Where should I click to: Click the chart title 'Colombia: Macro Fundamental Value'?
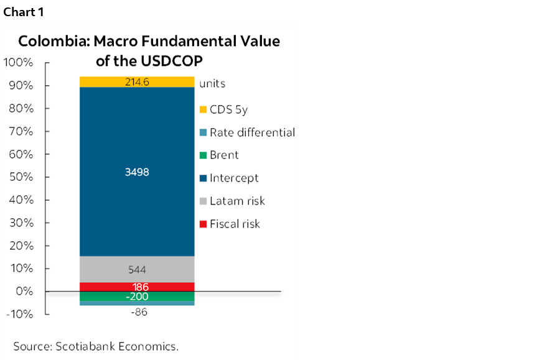point(149,42)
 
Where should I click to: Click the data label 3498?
point(137,172)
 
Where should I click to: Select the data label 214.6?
point(137,81)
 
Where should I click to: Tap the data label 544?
point(137,270)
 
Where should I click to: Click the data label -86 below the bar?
point(138,312)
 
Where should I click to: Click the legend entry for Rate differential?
point(248,132)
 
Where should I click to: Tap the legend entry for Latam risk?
point(232,201)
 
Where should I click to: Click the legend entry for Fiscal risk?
point(230,223)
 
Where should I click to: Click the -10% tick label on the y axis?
point(20,314)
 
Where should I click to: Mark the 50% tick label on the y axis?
point(21,177)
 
